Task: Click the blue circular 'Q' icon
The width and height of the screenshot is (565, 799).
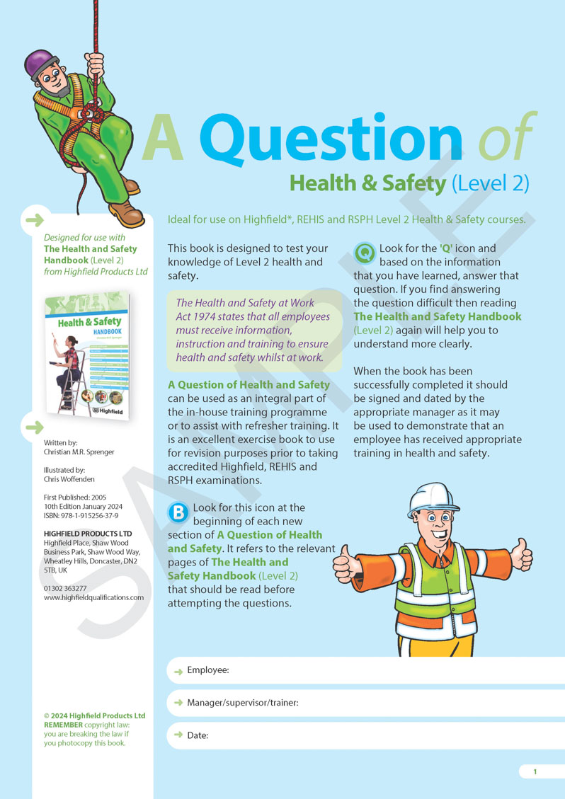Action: [x=365, y=251]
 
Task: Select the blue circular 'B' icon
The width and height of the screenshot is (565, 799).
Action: [x=178, y=511]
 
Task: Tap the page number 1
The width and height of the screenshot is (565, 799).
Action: [x=535, y=771]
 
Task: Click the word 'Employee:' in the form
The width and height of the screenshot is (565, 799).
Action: [x=208, y=669]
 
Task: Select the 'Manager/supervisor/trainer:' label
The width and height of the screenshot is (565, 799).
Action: [x=242, y=703]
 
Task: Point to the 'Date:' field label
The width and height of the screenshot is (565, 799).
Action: [x=198, y=735]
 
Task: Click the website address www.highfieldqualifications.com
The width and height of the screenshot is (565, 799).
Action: [x=93, y=597]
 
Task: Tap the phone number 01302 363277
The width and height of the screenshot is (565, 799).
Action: [x=65, y=588]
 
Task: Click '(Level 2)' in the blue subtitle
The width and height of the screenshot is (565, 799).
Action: [x=490, y=183]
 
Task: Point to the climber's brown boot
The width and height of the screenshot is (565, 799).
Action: [x=127, y=212]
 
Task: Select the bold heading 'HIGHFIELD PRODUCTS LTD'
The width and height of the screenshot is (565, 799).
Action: [x=88, y=534]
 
